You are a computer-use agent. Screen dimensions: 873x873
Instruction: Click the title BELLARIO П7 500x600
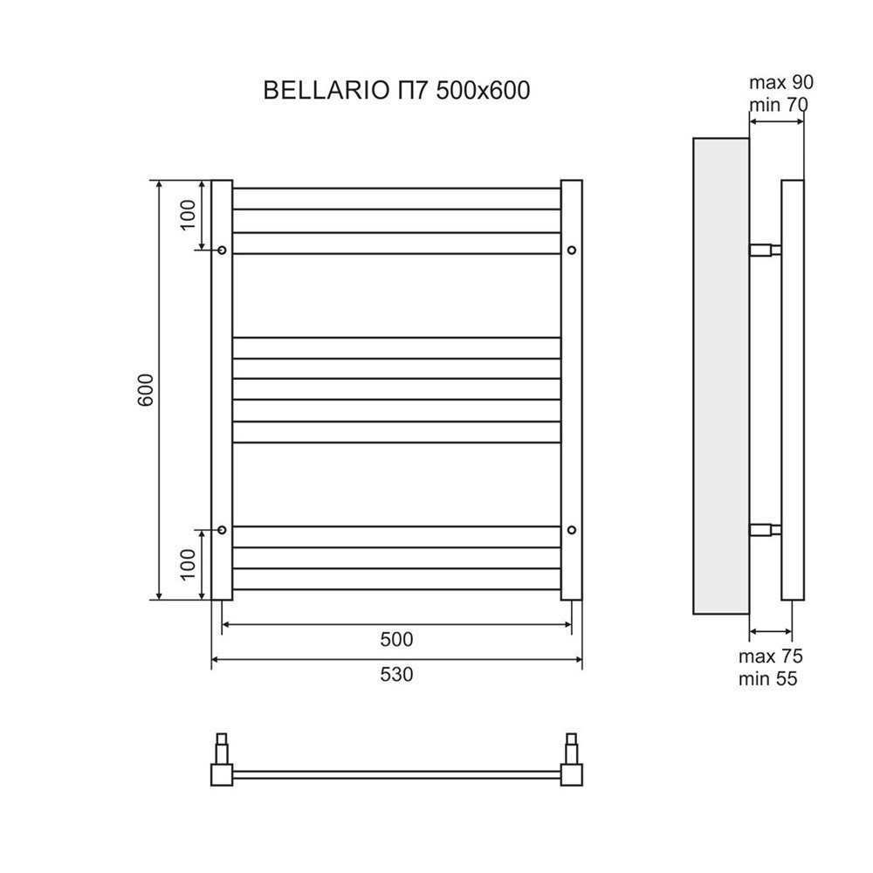coord(396,90)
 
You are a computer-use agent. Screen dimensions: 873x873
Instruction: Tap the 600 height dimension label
coord(145,389)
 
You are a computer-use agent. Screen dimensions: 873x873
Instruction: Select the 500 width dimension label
coord(396,639)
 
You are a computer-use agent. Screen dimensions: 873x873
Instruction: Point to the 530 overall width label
coord(396,675)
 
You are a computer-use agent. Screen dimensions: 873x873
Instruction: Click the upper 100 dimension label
coord(189,215)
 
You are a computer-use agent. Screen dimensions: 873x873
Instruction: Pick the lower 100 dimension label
coord(189,564)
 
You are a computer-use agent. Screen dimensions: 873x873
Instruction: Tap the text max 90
coord(781,82)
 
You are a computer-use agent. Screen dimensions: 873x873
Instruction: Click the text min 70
coord(779,105)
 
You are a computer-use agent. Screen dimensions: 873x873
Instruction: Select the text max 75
coord(771,656)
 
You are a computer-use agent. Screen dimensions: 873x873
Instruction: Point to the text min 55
coord(767,678)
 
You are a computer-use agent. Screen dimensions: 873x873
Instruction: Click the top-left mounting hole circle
coord(222,251)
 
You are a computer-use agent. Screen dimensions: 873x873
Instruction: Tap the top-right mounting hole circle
coord(572,251)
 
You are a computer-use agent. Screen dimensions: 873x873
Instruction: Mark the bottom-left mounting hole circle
coord(222,530)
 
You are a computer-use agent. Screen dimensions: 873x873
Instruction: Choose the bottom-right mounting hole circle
coord(572,530)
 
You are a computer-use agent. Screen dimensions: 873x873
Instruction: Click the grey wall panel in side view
coord(721,375)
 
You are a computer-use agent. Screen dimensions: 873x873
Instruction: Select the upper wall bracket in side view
coord(765,250)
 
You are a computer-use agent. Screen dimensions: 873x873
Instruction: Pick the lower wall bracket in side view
coord(765,530)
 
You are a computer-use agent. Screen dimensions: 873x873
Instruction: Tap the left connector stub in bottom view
coord(222,749)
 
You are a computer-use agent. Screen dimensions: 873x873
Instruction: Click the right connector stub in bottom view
coord(572,749)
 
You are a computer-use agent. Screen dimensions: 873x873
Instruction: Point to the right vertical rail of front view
coord(572,389)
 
